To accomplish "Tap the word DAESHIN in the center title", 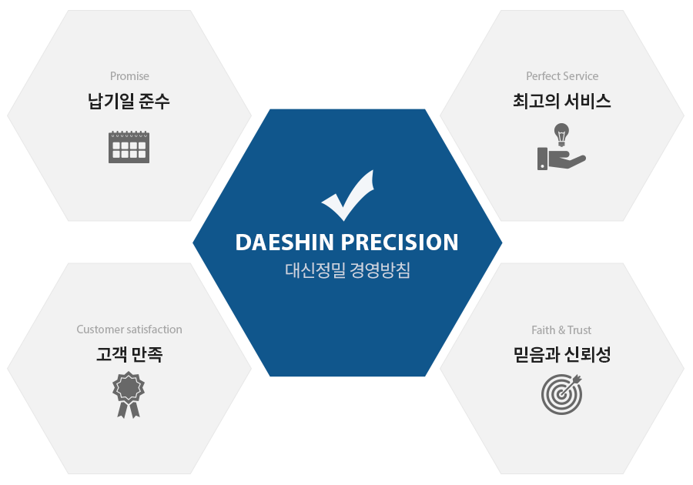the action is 284,242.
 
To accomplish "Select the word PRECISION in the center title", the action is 400,242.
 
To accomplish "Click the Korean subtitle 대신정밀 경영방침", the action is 347,270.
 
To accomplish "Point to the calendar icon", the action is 129,147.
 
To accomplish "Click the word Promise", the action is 129,76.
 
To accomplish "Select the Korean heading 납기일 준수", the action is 129,101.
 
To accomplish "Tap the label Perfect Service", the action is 562,76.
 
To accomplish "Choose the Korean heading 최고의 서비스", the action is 562,101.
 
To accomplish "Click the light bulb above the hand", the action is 561,135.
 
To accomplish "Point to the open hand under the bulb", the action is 562,159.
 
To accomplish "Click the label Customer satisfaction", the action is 129,329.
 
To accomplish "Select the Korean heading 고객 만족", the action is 129,354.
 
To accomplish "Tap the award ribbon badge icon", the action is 129,394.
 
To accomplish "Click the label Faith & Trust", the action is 561,330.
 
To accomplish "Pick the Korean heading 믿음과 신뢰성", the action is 562,354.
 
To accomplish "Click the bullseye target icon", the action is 561,394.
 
